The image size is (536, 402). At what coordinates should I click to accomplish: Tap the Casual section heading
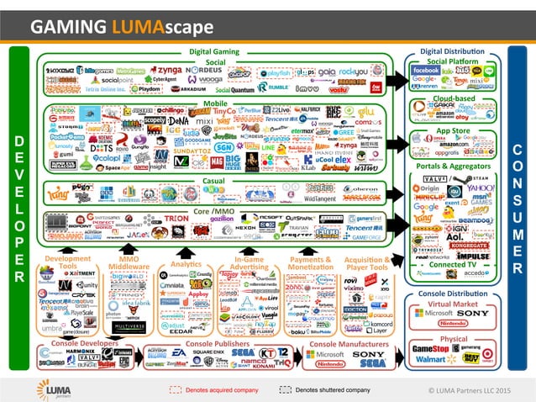coord(213,180)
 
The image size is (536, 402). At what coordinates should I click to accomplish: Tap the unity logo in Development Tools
coord(86,286)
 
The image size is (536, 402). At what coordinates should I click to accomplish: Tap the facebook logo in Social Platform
coord(426,71)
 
